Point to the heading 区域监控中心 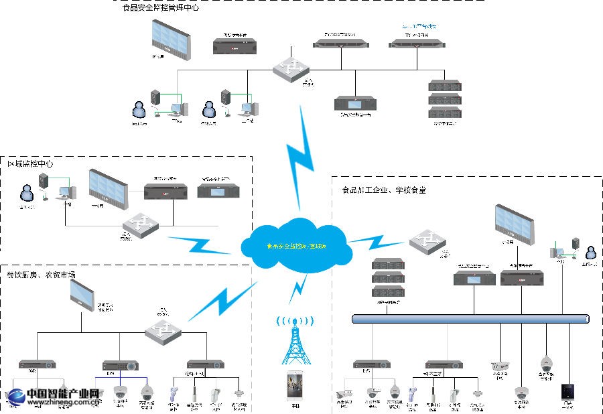(30, 163)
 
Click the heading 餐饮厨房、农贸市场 (41, 275)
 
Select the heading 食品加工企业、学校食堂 (380, 190)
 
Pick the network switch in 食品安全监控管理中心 (290, 68)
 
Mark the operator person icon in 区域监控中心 (27, 195)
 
